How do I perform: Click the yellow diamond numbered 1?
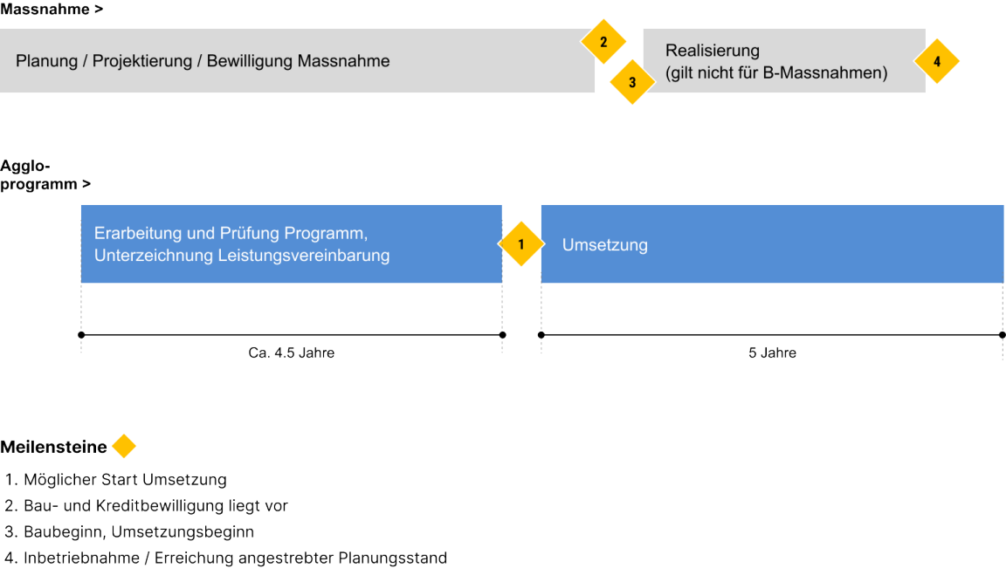coord(520,244)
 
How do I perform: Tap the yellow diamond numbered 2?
coord(603,41)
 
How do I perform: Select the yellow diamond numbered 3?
coord(632,83)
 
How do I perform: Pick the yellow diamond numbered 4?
coord(937,61)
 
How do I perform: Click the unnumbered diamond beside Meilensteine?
coord(124,447)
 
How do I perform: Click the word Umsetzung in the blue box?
coord(604,245)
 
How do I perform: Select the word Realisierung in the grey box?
coord(712,51)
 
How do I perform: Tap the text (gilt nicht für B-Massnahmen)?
coord(775,73)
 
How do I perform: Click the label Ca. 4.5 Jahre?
coord(291,353)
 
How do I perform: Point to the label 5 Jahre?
coord(772,353)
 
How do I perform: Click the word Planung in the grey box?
coord(45,61)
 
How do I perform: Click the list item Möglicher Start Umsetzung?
coord(125,480)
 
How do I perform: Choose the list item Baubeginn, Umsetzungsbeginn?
coord(139,532)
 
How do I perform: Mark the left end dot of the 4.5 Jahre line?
coord(81,334)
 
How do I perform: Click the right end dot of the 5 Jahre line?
coord(1002,334)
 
